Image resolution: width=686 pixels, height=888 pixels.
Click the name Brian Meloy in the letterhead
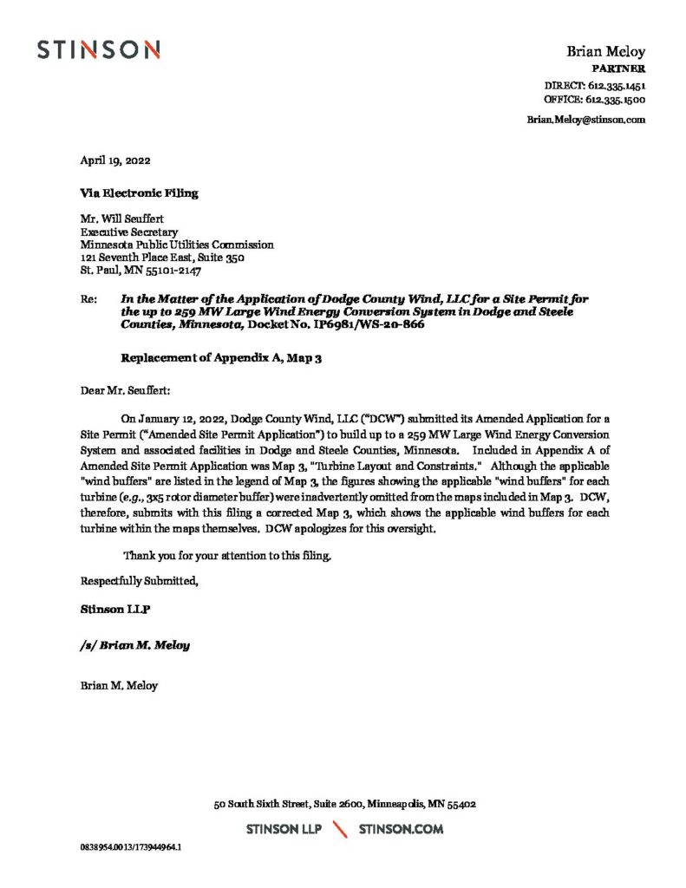click(x=605, y=52)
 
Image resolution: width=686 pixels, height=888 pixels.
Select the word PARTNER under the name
click(x=617, y=69)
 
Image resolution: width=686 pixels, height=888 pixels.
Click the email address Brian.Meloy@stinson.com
click(x=585, y=120)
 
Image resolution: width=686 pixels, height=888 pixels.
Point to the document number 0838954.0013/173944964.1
click(x=131, y=846)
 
